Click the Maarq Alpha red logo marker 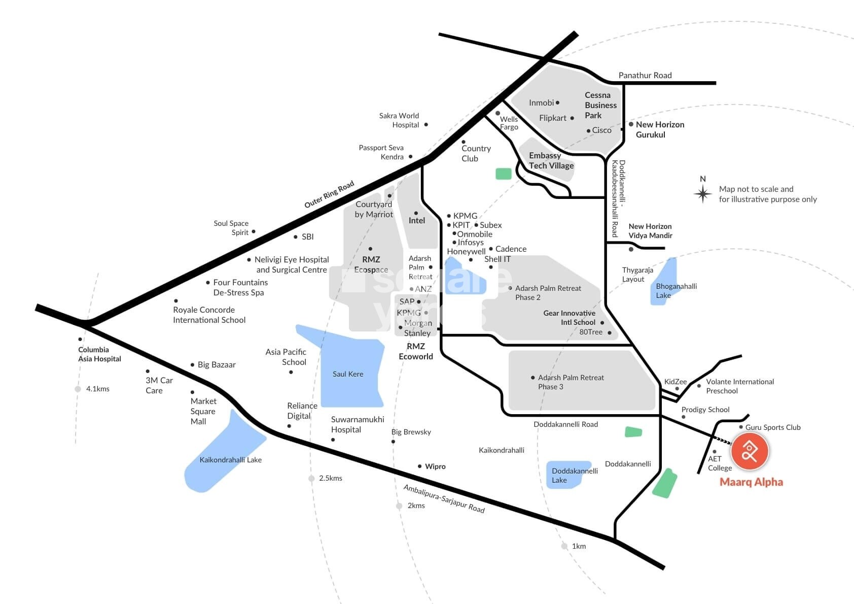[x=750, y=451]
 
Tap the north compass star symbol [x=702, y=193]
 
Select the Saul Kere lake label [x=348, y=374]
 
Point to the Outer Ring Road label [x=329, y=194]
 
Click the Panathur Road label [x=645, y=75]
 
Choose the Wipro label [x=435, y=466]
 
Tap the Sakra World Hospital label [x=399, y=120]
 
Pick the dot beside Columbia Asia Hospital [x=80, y=339]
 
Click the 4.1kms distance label [x=97, y=389]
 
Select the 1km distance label [x=579, y=546]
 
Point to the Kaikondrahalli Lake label [x=230, y=460]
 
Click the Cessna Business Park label [x=600, y=105]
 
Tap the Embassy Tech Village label [x=551, y=160]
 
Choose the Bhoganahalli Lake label [x=676, y=291]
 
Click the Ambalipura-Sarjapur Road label [x=444, y=498]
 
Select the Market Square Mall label [x=203, y=411]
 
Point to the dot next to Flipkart [x=572, y=118]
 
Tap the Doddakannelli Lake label [x=574, y=476]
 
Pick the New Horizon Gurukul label [x=660, y=129]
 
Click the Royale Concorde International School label [x=209, y=315]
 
